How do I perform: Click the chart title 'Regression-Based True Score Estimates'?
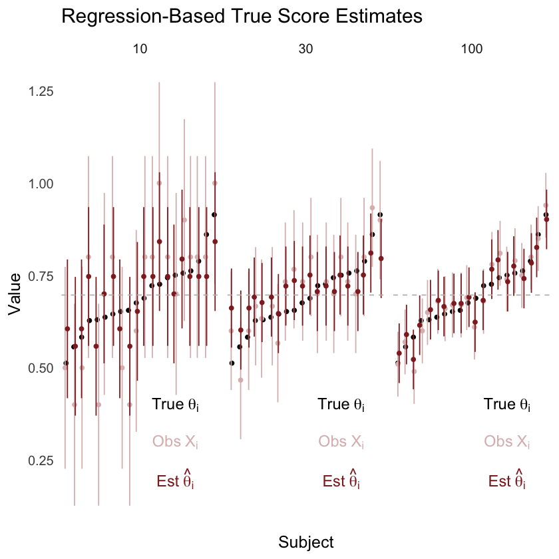pos(242,17)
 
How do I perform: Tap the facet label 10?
pos(140,50)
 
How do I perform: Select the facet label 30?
pos(306,50)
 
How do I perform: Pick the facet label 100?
pos(472,50)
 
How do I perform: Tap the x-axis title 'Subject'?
pos(306,542)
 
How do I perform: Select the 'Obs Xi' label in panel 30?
pos(341,441)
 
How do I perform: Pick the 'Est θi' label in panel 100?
pos(507,480)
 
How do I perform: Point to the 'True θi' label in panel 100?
pos(507,405)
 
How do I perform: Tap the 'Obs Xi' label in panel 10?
pos(175,441)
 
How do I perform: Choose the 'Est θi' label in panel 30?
pos(341,480)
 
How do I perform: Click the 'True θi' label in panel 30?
pos(341,405)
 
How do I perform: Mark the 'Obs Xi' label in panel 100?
pos(507,441)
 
